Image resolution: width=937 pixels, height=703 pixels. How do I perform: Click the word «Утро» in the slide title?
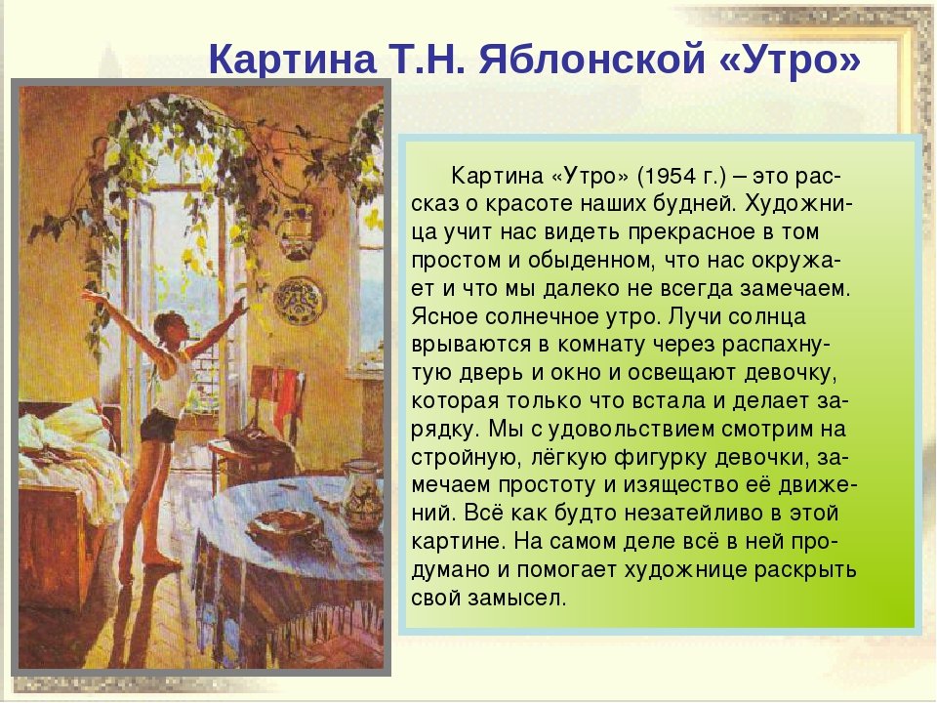coord(790,59)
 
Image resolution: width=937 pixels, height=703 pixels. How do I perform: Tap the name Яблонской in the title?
coord(592,59)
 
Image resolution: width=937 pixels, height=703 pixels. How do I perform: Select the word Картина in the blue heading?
coord(293,60)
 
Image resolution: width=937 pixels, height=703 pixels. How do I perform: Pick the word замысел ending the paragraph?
coord(516,598)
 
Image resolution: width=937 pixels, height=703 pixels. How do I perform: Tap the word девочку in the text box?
coord(790,373)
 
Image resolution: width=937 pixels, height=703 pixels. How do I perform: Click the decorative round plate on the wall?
coord(300,301)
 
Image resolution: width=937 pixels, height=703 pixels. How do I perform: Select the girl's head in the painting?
coord(169,328)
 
